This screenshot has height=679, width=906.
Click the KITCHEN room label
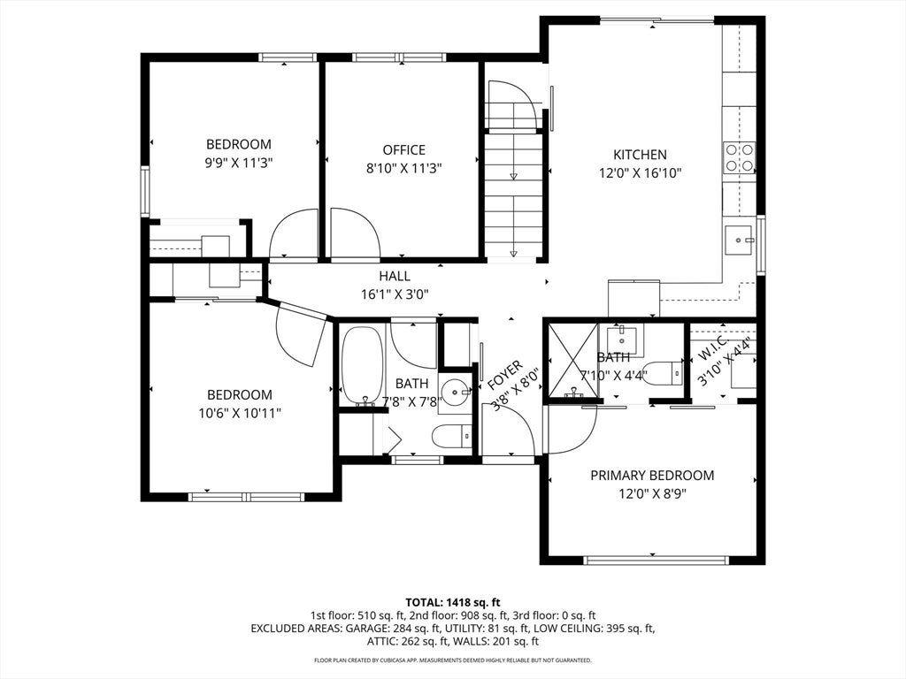(x=640, y=154)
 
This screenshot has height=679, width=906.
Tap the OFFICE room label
(x=403, y=150)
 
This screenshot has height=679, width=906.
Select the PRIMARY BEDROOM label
(x=652, y=475)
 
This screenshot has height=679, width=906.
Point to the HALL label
(x=395, y=276)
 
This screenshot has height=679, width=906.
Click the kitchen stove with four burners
(x=740, y=158)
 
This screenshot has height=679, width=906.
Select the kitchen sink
(x=741, y=240)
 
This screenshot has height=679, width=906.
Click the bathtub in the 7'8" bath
(x=362, y=367)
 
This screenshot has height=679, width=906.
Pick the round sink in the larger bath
(x=456, y=393)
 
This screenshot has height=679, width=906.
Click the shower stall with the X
(x=572, y=360)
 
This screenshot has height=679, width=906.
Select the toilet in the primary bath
(x=663, y=373)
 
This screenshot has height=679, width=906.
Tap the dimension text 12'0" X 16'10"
(x=641, y=172)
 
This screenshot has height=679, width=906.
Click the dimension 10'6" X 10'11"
(x=239, y=414)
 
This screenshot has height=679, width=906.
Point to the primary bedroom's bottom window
(x=656, y=560)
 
